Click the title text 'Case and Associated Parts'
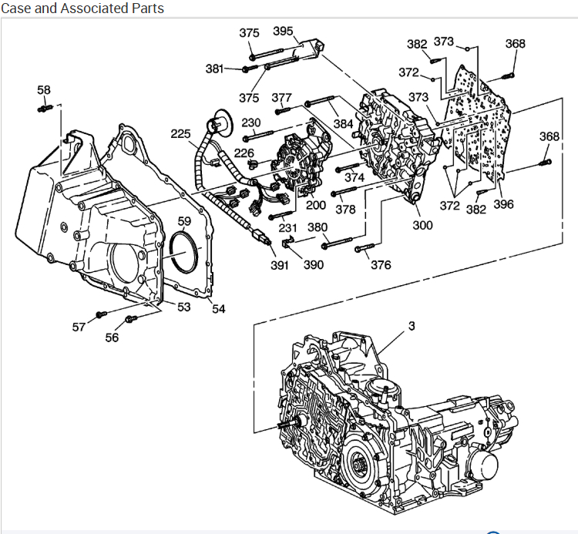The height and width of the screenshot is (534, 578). pyautogui.click(x=82, y=8)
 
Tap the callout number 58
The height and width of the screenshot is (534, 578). pyautogui.click(x=44, y=90)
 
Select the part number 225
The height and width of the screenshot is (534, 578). pyautogui.click(x=180, y=134)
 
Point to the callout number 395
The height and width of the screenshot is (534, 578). pyautogui.click(x=283, y=32)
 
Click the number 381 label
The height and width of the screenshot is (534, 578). pyautogui.click(x=215, y=69)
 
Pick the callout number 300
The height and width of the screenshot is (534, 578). pyautogui.click(x=423, y=225)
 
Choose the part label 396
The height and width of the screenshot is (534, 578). pyautogui.click(x=503, y=205)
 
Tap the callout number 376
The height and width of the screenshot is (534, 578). pyautogui.click(x=381, y=265)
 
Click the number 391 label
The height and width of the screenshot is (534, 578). pyautogui.click(x=279, y=265)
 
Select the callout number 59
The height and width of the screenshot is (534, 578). pyautogui.click(x=184, y=221)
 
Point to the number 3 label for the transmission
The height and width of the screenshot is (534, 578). pyautogui.click(x=412, y=326)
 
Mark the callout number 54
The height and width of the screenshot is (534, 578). pyautogui.click(x=219, y=309)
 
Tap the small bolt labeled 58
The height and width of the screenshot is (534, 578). pyautogui.click(x=43, y=109)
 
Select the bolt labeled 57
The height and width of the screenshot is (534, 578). pyautogui.click(x=101, y=314)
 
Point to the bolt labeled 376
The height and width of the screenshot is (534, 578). pyautogui.click(x=362, y=249)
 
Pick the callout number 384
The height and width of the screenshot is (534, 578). pyautogui.click(x=343, y=123)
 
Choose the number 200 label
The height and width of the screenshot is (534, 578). pyautogui.click(x=316, y=206)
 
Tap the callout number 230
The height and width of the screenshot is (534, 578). pyautogui.click(x=251, y=123)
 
